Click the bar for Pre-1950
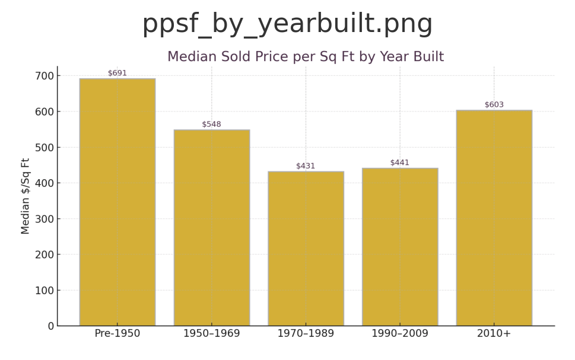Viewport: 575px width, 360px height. [117, 202]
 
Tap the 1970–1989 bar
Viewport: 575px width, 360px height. [306, 249]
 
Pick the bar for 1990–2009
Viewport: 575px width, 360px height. [400, 247]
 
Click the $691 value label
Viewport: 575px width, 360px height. [117, 74]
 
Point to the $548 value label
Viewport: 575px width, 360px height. [211, 125]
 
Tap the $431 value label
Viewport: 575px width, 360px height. [306, 166]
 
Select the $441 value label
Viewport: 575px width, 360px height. [400, 163]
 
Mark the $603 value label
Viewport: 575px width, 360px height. [494, 105]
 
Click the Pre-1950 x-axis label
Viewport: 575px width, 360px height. [117, 334]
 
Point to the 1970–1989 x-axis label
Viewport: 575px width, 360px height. [306, 334]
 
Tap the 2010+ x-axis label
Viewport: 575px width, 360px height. [494, 334]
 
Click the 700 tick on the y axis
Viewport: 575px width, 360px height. [43, 76]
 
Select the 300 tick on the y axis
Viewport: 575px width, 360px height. [43, 219]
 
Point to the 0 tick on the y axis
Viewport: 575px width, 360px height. [50, 326]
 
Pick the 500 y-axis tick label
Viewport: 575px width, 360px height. [43, 147]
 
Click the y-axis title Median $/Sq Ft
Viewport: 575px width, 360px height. [26, 196]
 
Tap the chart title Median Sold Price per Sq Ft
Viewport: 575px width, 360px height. [305, 57]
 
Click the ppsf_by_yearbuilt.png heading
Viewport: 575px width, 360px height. [287, 24]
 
